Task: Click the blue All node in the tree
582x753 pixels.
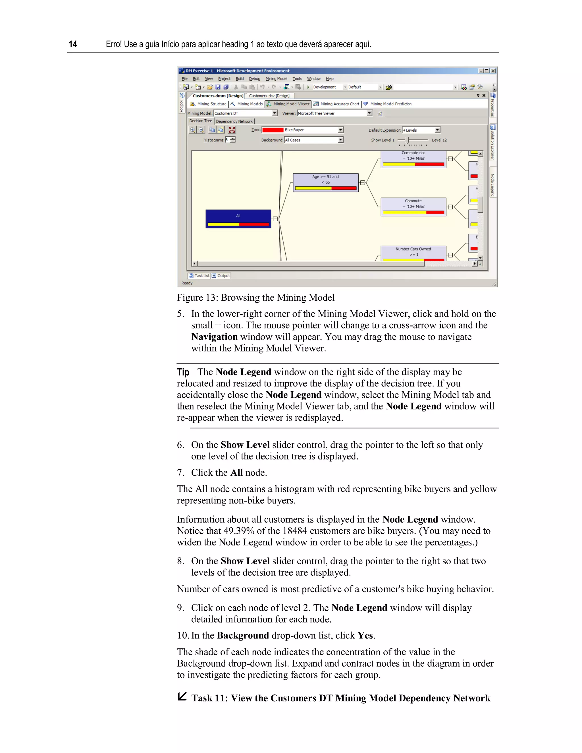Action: pos(238,219)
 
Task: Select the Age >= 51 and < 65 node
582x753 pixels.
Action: pos(325,182)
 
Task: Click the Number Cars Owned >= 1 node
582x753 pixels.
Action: pos(413,253)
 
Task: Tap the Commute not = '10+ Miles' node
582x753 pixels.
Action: pos(413,159)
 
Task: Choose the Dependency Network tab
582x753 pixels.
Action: pos(234,121)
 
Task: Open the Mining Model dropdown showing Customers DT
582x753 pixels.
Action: pos(275,113)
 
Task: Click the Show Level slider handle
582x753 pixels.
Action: pos(407,140)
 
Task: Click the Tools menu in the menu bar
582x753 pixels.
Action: pos(297,79)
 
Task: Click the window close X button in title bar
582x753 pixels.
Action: pos(493,71)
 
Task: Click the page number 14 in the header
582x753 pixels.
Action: pos(73,44)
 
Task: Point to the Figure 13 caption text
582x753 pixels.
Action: pos(255,298)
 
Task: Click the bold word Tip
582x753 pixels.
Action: pos(183,372)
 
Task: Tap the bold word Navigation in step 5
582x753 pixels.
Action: pos(215,336)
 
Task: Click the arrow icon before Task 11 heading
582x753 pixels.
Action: pos(182,696)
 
